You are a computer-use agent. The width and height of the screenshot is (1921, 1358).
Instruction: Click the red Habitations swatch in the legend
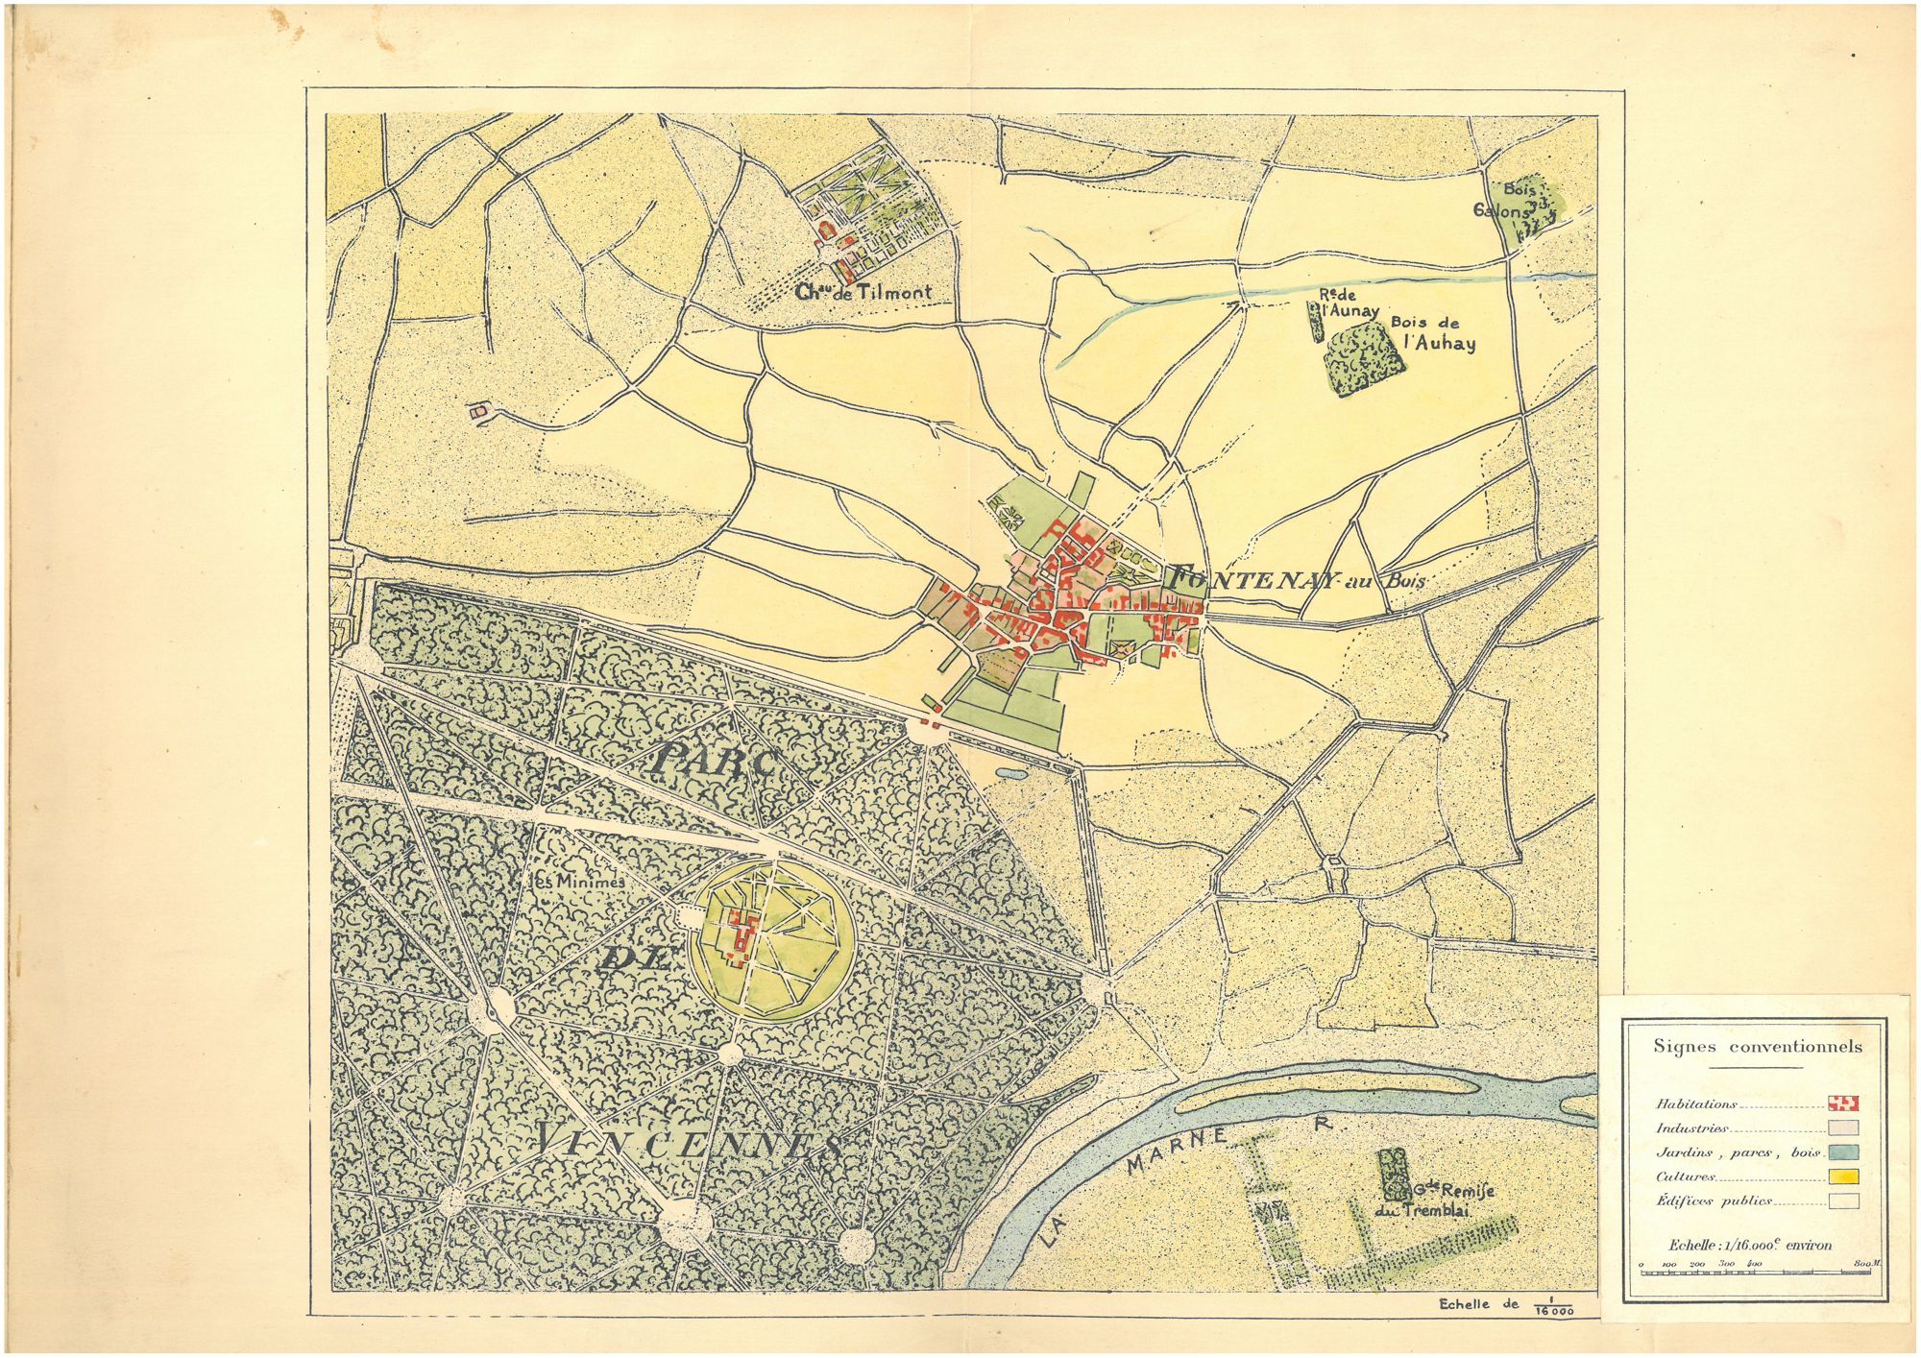1843,1103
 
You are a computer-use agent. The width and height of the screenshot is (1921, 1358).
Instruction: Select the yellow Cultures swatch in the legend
1843,1176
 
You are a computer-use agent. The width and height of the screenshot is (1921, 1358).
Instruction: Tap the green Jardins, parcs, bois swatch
1843,1152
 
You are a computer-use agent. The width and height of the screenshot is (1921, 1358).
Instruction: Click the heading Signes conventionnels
1757,1047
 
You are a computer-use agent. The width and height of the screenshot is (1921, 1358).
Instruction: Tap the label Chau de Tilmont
863,292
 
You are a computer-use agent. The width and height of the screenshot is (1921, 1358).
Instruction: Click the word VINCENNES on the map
687,1142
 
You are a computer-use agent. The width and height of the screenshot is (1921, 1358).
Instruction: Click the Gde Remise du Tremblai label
1436,1200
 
